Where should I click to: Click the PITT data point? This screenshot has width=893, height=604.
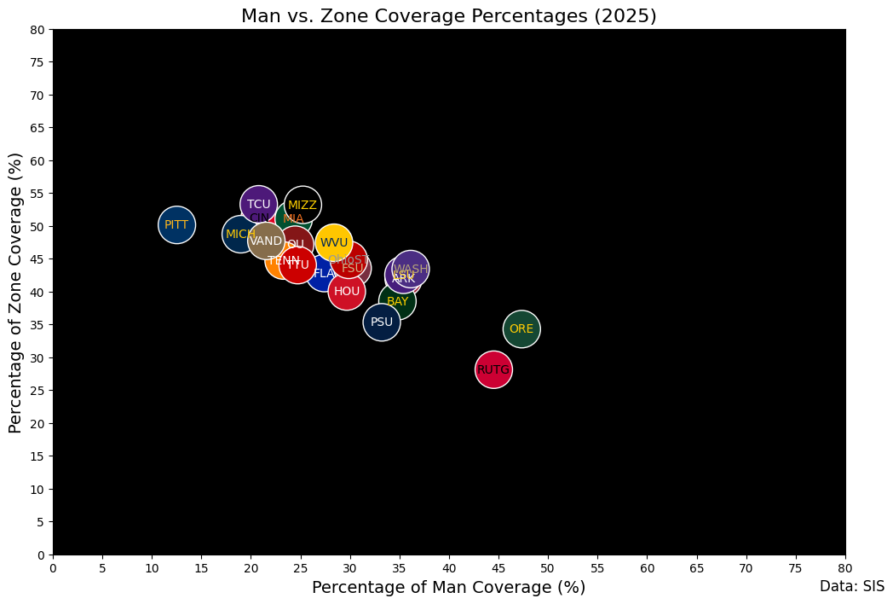[176, 225]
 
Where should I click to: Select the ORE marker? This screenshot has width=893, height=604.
[521, 328]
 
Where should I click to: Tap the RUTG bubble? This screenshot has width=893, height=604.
[493, 369]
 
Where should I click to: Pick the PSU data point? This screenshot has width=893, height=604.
[382, 322]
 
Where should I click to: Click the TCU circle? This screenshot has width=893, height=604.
[258, 204]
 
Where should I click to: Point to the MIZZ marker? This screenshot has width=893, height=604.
[302, 205]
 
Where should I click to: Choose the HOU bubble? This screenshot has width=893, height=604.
[347, 291]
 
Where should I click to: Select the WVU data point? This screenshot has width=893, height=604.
[334, 242]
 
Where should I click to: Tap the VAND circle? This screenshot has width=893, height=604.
[266, 241]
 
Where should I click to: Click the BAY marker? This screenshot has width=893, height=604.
[397, 301]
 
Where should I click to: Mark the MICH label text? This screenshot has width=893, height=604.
[240, 234]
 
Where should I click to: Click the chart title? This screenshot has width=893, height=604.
[449, 16]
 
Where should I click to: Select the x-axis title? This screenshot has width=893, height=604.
[449, 587]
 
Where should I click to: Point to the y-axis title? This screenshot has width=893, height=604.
[15, 292]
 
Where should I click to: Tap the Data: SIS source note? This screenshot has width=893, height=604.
[852, 586]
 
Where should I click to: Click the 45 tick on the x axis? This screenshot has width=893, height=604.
[498, 566]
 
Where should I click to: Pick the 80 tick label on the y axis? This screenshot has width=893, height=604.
[37, 29]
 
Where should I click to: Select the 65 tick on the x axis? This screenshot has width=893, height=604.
[697, 566]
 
